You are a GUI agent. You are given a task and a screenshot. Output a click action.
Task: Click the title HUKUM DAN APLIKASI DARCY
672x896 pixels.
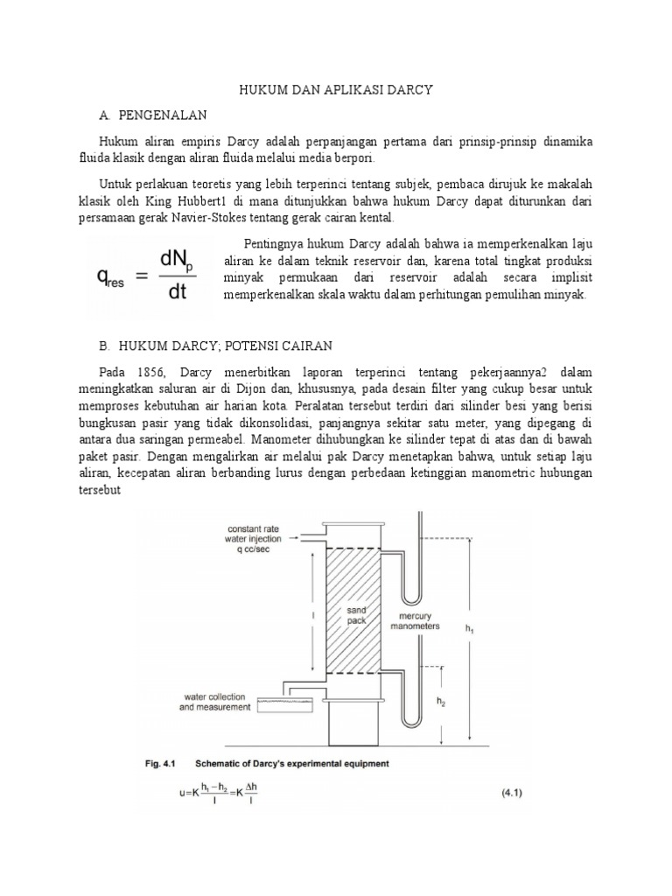(x=336, y=89)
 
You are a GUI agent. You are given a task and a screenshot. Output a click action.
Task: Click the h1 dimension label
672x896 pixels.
(x=470, y=629)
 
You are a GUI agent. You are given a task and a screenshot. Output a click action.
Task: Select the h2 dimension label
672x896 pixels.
(x=442, y=702)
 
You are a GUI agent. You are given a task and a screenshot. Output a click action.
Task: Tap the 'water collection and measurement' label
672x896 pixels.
(x=215, y=702)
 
